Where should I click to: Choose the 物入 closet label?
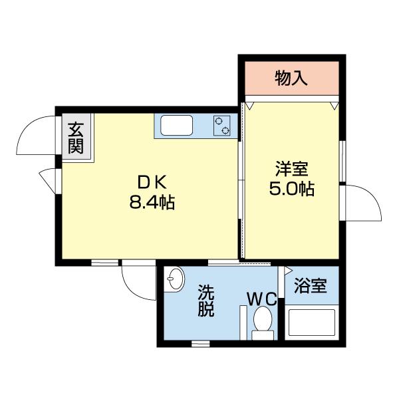(291, 78)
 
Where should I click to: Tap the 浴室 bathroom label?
(311, 287)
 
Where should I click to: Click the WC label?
(261, 299)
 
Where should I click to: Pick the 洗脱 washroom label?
(206, 301)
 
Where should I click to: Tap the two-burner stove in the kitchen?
(222, 125)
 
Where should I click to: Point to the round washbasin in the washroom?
(175, 279)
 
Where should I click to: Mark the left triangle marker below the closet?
(249, 106)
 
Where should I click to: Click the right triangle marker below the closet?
(335, 106)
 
